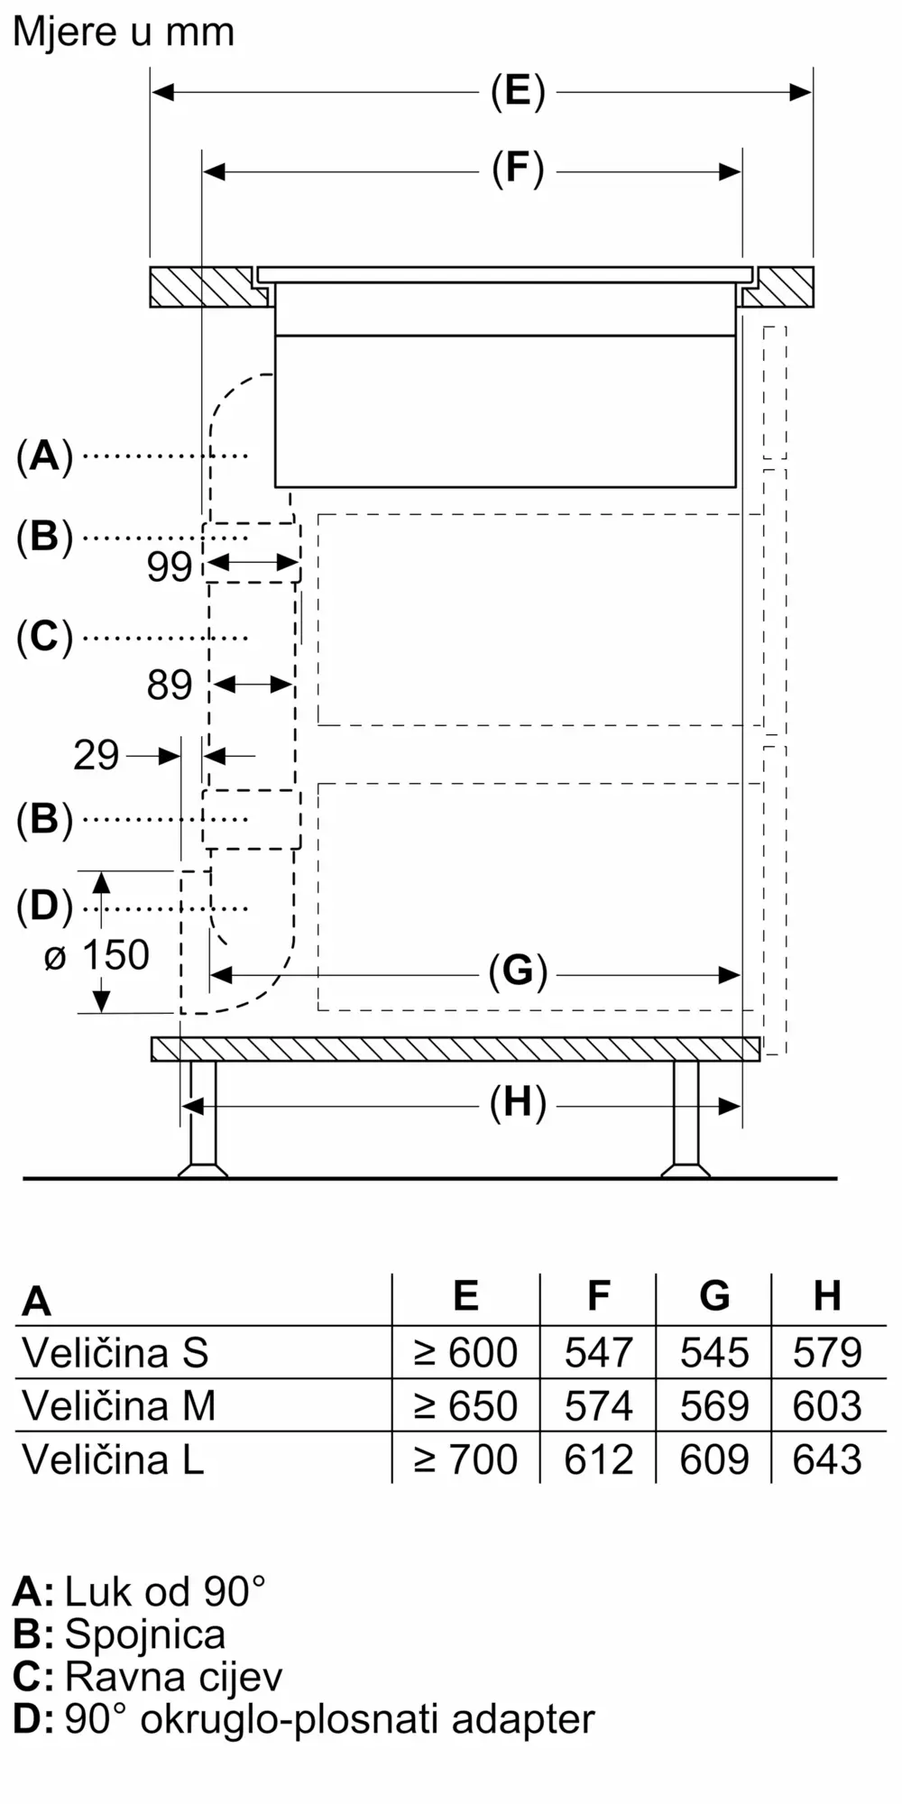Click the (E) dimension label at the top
(x=518, y=91)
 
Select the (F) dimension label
(x=518, y=170)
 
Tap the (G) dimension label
(x=518, y=972)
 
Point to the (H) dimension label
(x=518, y=1104)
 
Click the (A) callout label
(x=44, y=456)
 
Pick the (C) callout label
(x=44, y=637)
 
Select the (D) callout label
(x=44, y=907)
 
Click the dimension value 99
(x=170, y=566)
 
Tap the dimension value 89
(x=170, y=685)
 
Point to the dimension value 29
(x=96, y=755)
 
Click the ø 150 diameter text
(x=97, y=955)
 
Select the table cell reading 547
(x=598, y=1352)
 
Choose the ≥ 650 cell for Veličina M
(x=465, y=1405)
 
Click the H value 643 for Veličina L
(x=827, y=1459)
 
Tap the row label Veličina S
(x=115, y=1352)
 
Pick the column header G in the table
(x=714, y=1296)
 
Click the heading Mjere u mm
(x=124, y=32)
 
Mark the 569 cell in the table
(x=714, y=1405)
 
